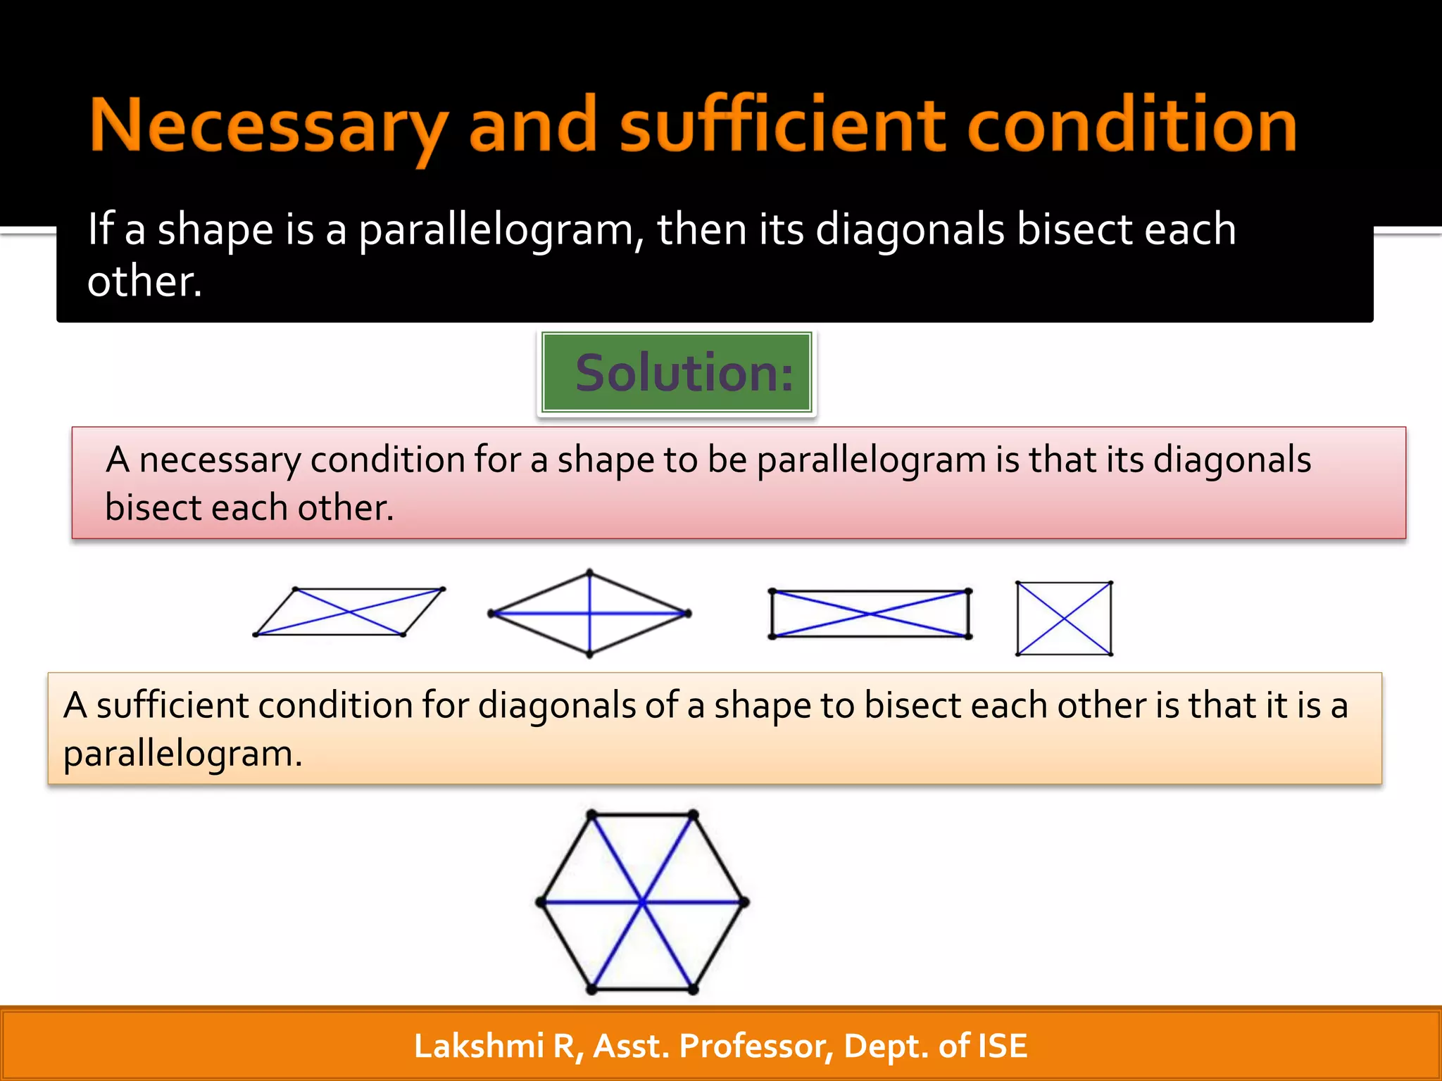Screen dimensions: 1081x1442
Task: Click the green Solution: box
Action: tap(677, 372)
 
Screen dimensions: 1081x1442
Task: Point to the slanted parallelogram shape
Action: tap(349, 612)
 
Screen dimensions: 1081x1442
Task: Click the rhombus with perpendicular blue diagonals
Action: tap(589, 614)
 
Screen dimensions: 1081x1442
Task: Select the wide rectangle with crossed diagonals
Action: tap(870, 614)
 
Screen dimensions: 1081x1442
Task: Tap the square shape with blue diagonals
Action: tap(1064, 619)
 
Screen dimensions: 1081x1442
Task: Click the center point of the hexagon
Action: tap(642, 902)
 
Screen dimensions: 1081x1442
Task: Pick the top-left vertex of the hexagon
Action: tap(592, 815)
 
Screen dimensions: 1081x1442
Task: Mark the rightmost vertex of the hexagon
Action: tap(744, 902)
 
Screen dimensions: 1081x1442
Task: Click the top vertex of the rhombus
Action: tap(589, 573)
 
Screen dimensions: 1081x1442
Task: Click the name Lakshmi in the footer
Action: tap(479, 1046)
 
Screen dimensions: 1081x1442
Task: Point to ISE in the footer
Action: tap(1002, 1046)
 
